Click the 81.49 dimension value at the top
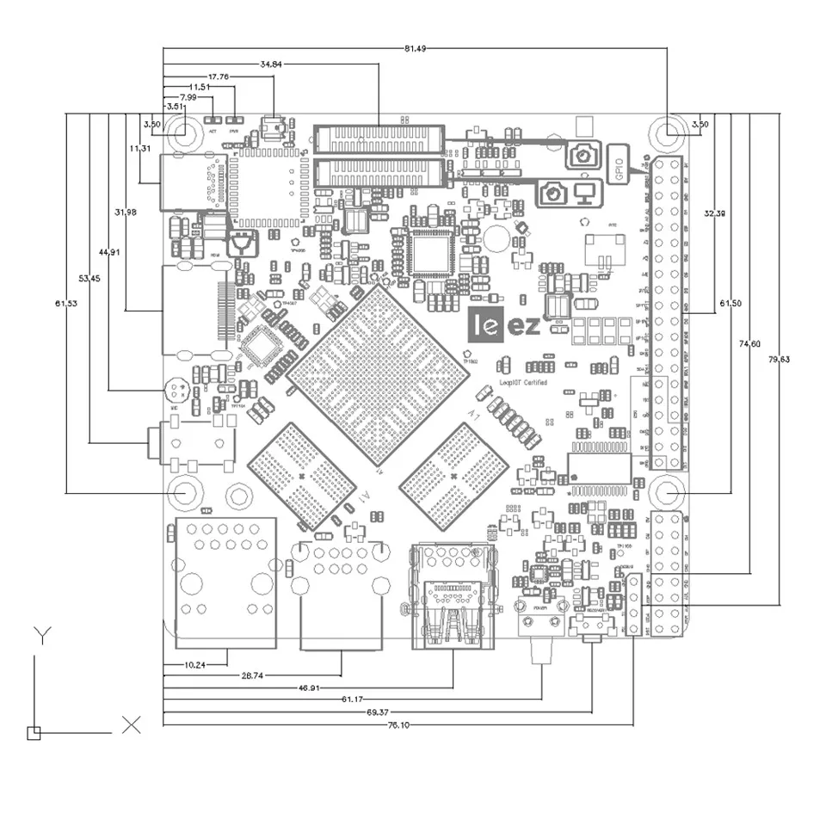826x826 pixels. tap(415, 48)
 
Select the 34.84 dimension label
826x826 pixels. tap(272, 63)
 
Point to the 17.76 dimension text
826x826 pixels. tap(219, 76)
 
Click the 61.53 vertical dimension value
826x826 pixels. tap(66, 304)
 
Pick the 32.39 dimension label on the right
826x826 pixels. tap(715, 213)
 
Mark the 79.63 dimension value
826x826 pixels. tap(779, 360)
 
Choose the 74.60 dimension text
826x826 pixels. tap(749, 344)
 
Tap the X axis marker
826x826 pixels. tap(131, 724)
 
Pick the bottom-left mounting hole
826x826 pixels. tap(183, 492)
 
